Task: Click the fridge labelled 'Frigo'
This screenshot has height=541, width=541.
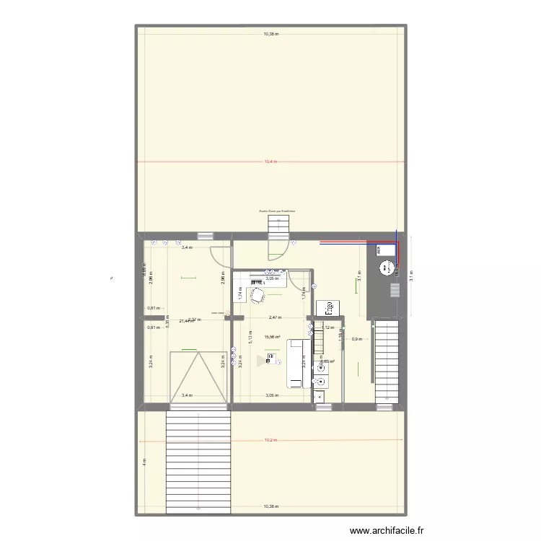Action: (327, 307)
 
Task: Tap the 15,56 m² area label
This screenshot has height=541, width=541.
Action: (272, 337)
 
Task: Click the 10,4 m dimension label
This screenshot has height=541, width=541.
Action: (270, 162)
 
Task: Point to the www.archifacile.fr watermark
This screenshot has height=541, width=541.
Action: (387, 532)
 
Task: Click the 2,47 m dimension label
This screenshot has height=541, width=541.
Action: (274, 317)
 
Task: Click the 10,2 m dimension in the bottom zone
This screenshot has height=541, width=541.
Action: (270, 440)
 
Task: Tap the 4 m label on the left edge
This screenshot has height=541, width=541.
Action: (144, 462)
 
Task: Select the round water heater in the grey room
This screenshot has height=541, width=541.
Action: (382, 270)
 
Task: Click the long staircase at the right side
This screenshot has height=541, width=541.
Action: (386, 362)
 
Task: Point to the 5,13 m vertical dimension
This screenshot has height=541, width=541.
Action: (250, 339)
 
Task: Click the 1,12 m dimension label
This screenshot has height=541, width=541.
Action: (329, 327)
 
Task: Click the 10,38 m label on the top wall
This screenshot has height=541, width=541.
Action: (270, 34)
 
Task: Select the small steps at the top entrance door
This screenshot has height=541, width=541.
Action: (278, 224)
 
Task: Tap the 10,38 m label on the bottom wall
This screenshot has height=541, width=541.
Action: (270, 507)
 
